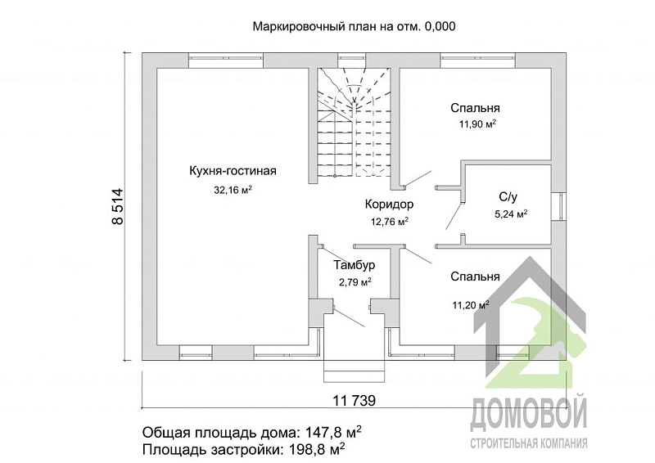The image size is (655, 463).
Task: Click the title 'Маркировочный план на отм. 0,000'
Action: click(354, 26)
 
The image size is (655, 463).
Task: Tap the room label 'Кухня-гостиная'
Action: click(233, 171)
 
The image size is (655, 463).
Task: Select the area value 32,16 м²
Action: click(233, 190)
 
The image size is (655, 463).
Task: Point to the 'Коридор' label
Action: click(390, 205)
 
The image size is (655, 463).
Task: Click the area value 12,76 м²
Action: click(390, 221)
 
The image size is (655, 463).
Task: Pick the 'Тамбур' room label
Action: click(355, 265)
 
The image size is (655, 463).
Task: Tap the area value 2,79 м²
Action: click(355, 282)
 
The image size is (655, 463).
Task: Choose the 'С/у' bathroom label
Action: click(508, 196)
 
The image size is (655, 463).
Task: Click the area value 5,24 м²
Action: click(511, 214)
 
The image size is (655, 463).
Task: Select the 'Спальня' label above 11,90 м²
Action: click(475, 108)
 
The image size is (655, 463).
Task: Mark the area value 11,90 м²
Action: click(477, 124)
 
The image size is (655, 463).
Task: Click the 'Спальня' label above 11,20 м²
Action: click(475, 276)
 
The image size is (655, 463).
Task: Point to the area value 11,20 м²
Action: click(471, 305)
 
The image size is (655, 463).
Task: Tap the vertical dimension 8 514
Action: click(118, 207)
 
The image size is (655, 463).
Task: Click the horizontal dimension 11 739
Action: click(355, 401)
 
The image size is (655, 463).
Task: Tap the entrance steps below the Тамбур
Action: click(355, 371)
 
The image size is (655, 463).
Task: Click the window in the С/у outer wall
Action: click(558, 206)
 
